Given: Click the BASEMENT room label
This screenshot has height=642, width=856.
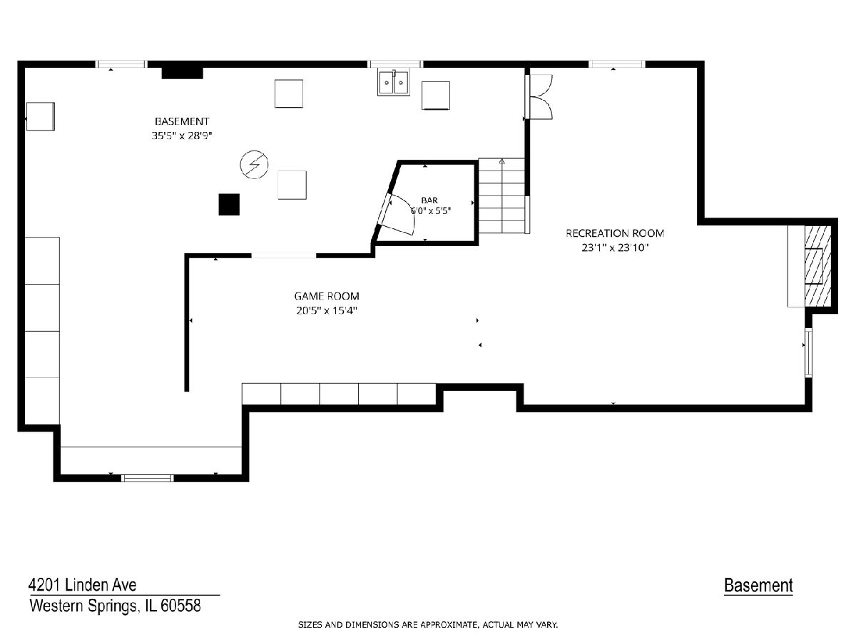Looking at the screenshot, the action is click(x=182, y=121).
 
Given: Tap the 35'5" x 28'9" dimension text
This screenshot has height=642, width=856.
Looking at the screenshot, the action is click(x=182, y=136).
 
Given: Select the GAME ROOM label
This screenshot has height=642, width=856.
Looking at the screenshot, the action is click(x=327, y=296).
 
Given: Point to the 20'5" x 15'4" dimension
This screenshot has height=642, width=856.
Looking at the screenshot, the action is click(x=327, y=311).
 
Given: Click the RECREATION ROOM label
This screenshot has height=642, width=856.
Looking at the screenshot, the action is click(x=615, y=233).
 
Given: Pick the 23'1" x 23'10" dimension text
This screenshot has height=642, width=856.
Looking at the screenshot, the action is click(x=615, y=248).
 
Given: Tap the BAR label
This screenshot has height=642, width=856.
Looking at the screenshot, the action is click(x=429, y=200).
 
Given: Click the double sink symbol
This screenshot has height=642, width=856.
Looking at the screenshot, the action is click(x=394, y=82).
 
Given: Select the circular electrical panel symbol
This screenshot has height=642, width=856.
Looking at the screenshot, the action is click(x=254, y=165).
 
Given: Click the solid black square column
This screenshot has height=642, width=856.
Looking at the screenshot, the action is click(x=229, y=204).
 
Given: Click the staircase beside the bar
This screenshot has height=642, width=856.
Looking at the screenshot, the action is click(x=502, y=195).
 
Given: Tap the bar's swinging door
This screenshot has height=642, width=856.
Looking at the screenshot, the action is click(x=396, y=214).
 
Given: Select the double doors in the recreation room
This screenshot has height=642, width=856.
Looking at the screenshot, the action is click(x=539, y=97).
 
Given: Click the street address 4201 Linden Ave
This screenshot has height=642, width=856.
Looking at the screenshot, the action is click(x=83, y=585).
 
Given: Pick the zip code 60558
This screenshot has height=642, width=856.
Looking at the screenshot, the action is click(x=180, y=606).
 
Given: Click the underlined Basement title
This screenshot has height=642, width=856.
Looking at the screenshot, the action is click(x=758, y=586).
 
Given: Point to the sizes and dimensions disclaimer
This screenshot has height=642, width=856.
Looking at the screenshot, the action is click(x=428, y=625).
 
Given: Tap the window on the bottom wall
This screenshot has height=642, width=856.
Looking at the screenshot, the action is click(x=148, y=478).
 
